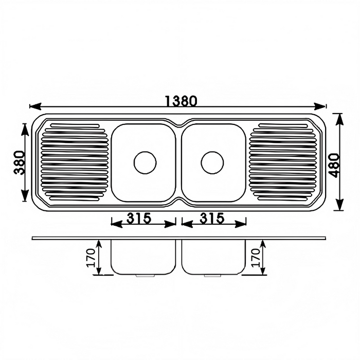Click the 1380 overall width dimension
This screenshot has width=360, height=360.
tap(181, 101)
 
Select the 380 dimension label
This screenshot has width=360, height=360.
tap(19, 163)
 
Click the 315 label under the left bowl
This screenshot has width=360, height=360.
tap(139, 218)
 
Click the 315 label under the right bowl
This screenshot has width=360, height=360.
tap(212, 218)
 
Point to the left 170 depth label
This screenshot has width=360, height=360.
tap(91, 258)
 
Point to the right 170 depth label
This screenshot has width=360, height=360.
tap(255, 258)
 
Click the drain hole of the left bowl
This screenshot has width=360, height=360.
tap(145, 163)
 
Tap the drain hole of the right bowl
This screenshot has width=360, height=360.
tap(212, 163)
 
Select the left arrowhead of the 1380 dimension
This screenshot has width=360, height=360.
tap(35, 106)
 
